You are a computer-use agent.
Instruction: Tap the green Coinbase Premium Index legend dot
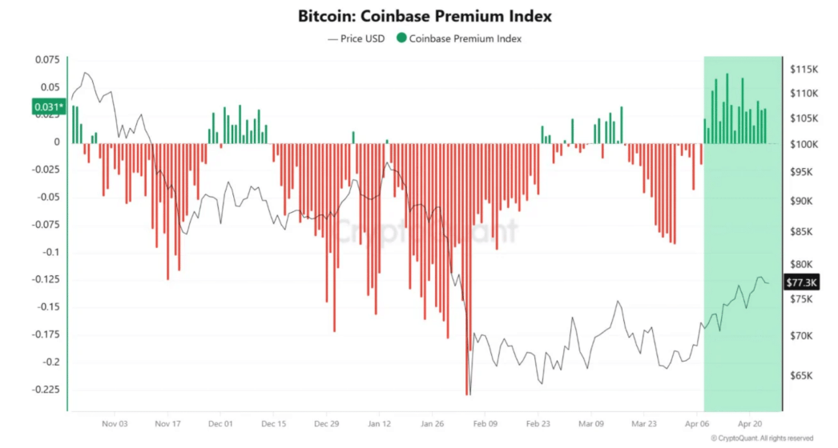pos(401,38)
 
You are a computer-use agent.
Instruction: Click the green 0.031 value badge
pos(47,106)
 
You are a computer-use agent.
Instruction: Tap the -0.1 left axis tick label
pos(50,252)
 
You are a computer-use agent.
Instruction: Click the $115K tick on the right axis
pos(804,69)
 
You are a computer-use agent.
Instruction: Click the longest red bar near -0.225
pos(466,320)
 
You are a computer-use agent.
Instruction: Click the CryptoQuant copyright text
pos(761,438)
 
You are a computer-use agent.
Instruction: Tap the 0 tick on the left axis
pos(57,142)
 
